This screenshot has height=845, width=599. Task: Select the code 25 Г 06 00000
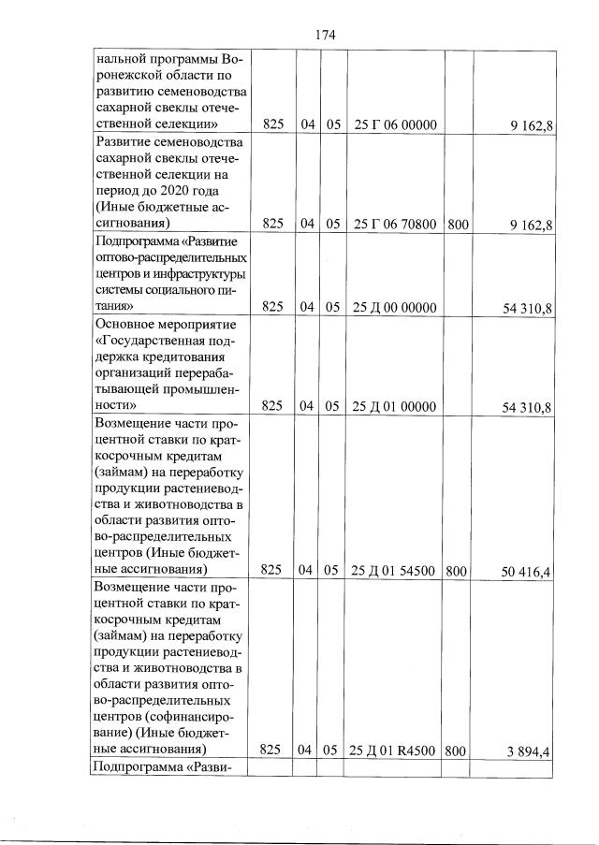coord(396,125)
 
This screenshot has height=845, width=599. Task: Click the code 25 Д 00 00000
coord(396,306)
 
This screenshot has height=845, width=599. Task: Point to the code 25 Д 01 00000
coord(396,406)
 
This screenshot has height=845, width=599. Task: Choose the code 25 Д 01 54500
coord(396,569)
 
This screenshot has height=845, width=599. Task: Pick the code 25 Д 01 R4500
coord(396,750)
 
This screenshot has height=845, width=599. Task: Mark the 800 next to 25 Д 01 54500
coord(457,569)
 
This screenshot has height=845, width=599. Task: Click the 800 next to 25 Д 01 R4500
coord(457,750)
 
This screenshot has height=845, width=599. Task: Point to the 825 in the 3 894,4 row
coord(271,750)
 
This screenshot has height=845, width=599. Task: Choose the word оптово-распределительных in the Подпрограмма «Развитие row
coord(170,256)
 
